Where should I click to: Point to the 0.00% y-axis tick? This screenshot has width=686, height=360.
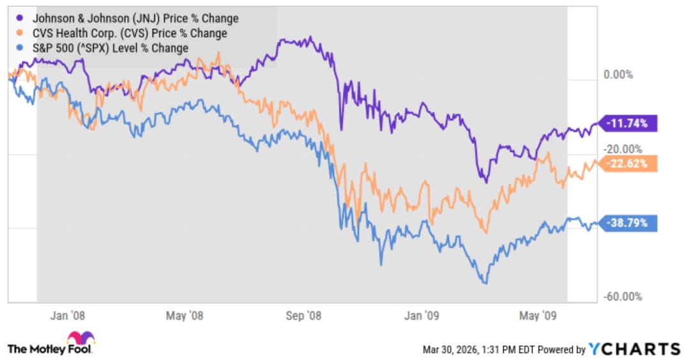618,75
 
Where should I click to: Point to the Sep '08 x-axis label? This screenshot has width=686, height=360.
304,315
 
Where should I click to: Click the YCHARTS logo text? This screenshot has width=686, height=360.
634,349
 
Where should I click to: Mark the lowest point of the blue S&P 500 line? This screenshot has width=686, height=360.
485,283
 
